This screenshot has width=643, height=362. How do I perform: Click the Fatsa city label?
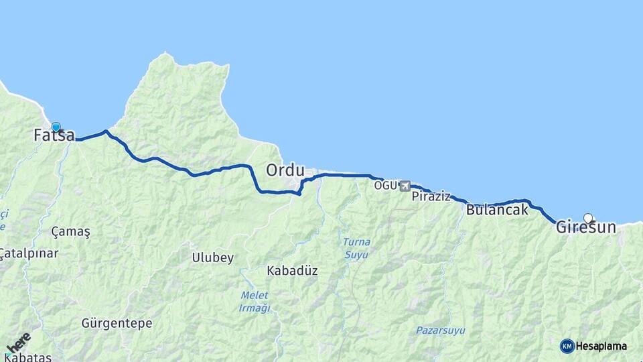tap(54, 135)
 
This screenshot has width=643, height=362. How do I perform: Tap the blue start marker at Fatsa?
tap(56, 127)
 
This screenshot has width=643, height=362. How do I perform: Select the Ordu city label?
tap(285, 170)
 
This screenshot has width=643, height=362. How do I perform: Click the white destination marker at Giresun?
tap(588, 218)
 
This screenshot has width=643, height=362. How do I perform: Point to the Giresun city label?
tap(585, 228)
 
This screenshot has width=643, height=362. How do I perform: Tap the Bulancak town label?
tap(496, 210)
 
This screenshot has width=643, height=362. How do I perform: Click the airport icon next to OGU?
tap(405, 186)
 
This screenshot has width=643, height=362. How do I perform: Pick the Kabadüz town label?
tap(292, 271)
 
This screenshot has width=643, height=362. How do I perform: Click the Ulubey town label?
tap(213, 257)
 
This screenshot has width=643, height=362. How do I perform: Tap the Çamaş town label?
tap(70, 231)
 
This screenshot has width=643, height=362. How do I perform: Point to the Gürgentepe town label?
tap(117, 323)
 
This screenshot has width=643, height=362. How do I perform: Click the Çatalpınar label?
tap(29, 253)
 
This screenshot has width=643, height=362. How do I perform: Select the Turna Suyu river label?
tap(356, 248)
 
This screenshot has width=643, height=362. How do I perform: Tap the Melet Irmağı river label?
tap(255, 302)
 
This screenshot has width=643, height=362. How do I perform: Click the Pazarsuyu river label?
tap(440, 330)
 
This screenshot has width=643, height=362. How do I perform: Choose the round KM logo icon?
tap(567, 346)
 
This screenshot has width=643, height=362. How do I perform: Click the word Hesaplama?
tap(601, 346)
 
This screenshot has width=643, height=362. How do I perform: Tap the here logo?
tap(18, 343)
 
